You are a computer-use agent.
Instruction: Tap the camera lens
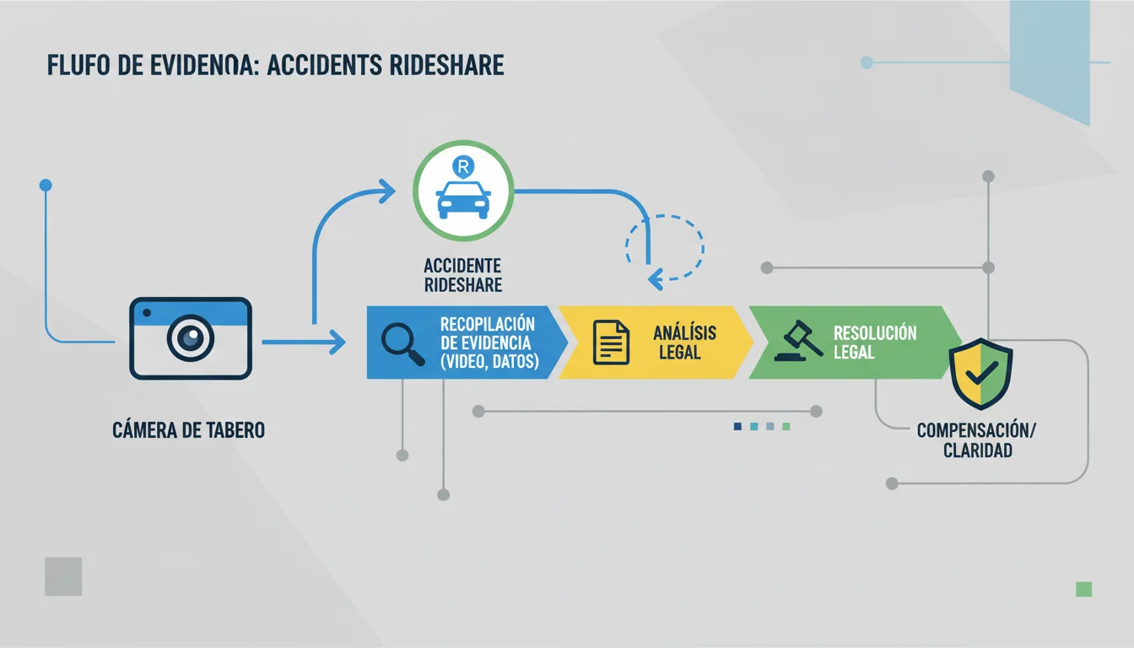pyautogui.click(x=191, y=338)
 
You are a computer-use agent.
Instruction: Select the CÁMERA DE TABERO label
pyautogui.click(x=188, y=430)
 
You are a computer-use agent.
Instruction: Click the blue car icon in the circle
pyautogui.click(x=463, y=200)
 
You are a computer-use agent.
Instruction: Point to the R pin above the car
pyautogui.click(x=463, y=167)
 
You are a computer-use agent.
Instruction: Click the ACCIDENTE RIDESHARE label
pyautogui.click(x=462, y=275)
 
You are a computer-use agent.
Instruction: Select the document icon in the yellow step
pyautogui.click(x=611, y=343)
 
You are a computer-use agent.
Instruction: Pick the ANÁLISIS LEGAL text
pyautogui.click(x=684, y=343)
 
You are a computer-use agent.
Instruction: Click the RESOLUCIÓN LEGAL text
pyautogui.click(x=875, y=343)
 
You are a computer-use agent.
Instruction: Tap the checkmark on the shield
pyautogui.click(x=981, y=374)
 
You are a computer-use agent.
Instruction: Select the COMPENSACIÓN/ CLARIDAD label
pyautogui.click(x=977, y=440)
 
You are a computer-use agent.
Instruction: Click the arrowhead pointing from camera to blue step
pyautogui.click(x=337, y=342)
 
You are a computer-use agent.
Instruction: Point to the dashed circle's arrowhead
pyautogui.click(x=656, y=279)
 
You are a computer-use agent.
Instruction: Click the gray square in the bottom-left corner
pyautogui.click(x=63, y=576)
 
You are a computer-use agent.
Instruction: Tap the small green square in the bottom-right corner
pyautogui.click(x=1083, y=589)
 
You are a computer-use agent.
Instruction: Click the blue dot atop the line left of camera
pyautogui.click(x=46, y=185)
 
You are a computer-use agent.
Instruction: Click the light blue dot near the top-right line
pyautogui.click(x=867, y=62)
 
